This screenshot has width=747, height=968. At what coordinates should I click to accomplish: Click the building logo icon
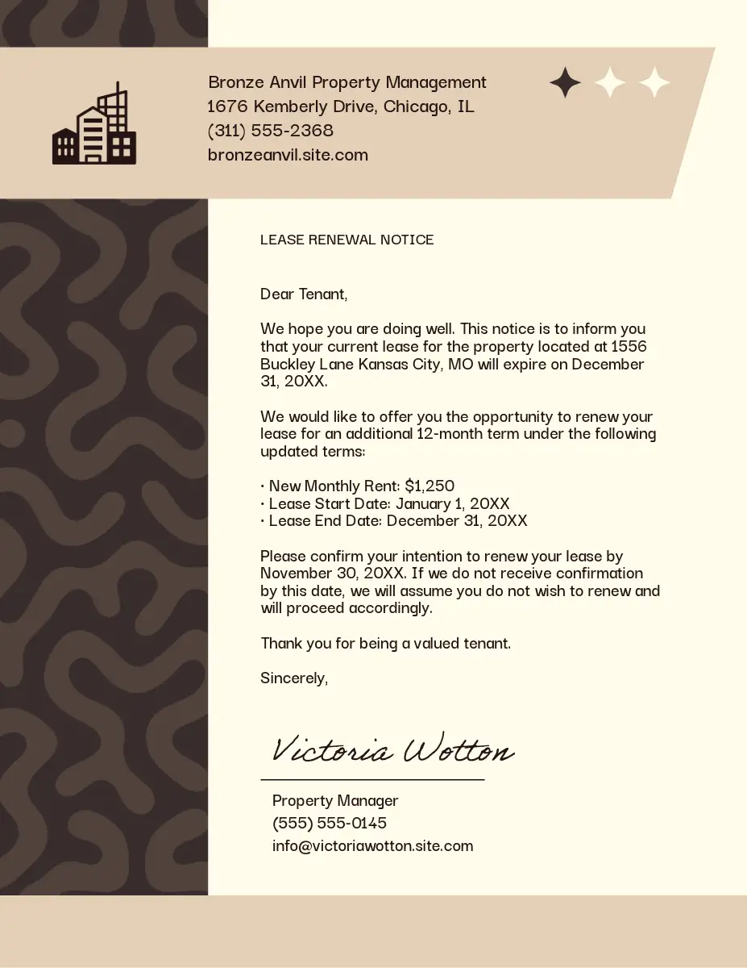pos(93,124)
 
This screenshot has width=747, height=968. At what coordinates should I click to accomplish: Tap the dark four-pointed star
pos(565,83)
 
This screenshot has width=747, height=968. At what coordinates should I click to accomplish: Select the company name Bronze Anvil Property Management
pos(347,82)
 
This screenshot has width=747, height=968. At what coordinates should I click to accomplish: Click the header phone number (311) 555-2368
pos(270,131)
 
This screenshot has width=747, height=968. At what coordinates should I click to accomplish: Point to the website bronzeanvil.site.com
pos(288,155)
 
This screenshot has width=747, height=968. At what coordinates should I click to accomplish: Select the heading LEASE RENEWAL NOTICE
pos(347,240)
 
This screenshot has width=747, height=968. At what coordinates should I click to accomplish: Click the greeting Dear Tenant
pos(303,294)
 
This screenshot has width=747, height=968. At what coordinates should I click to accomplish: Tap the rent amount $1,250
pos(430,486)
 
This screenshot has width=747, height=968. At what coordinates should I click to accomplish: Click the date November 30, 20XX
pos(333,574)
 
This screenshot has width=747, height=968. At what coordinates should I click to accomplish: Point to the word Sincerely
pos(293,678)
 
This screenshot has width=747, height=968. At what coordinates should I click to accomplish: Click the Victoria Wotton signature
pos(392,750)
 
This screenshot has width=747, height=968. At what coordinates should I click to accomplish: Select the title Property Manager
pos(335,801)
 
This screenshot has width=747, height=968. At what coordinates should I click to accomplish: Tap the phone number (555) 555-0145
pos(330,824)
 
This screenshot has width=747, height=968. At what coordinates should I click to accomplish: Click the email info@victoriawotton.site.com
pos(372,846)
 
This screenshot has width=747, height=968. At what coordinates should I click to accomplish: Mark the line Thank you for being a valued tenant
pos(385,644)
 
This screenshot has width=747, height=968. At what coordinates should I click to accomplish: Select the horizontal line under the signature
pos(372,780)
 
